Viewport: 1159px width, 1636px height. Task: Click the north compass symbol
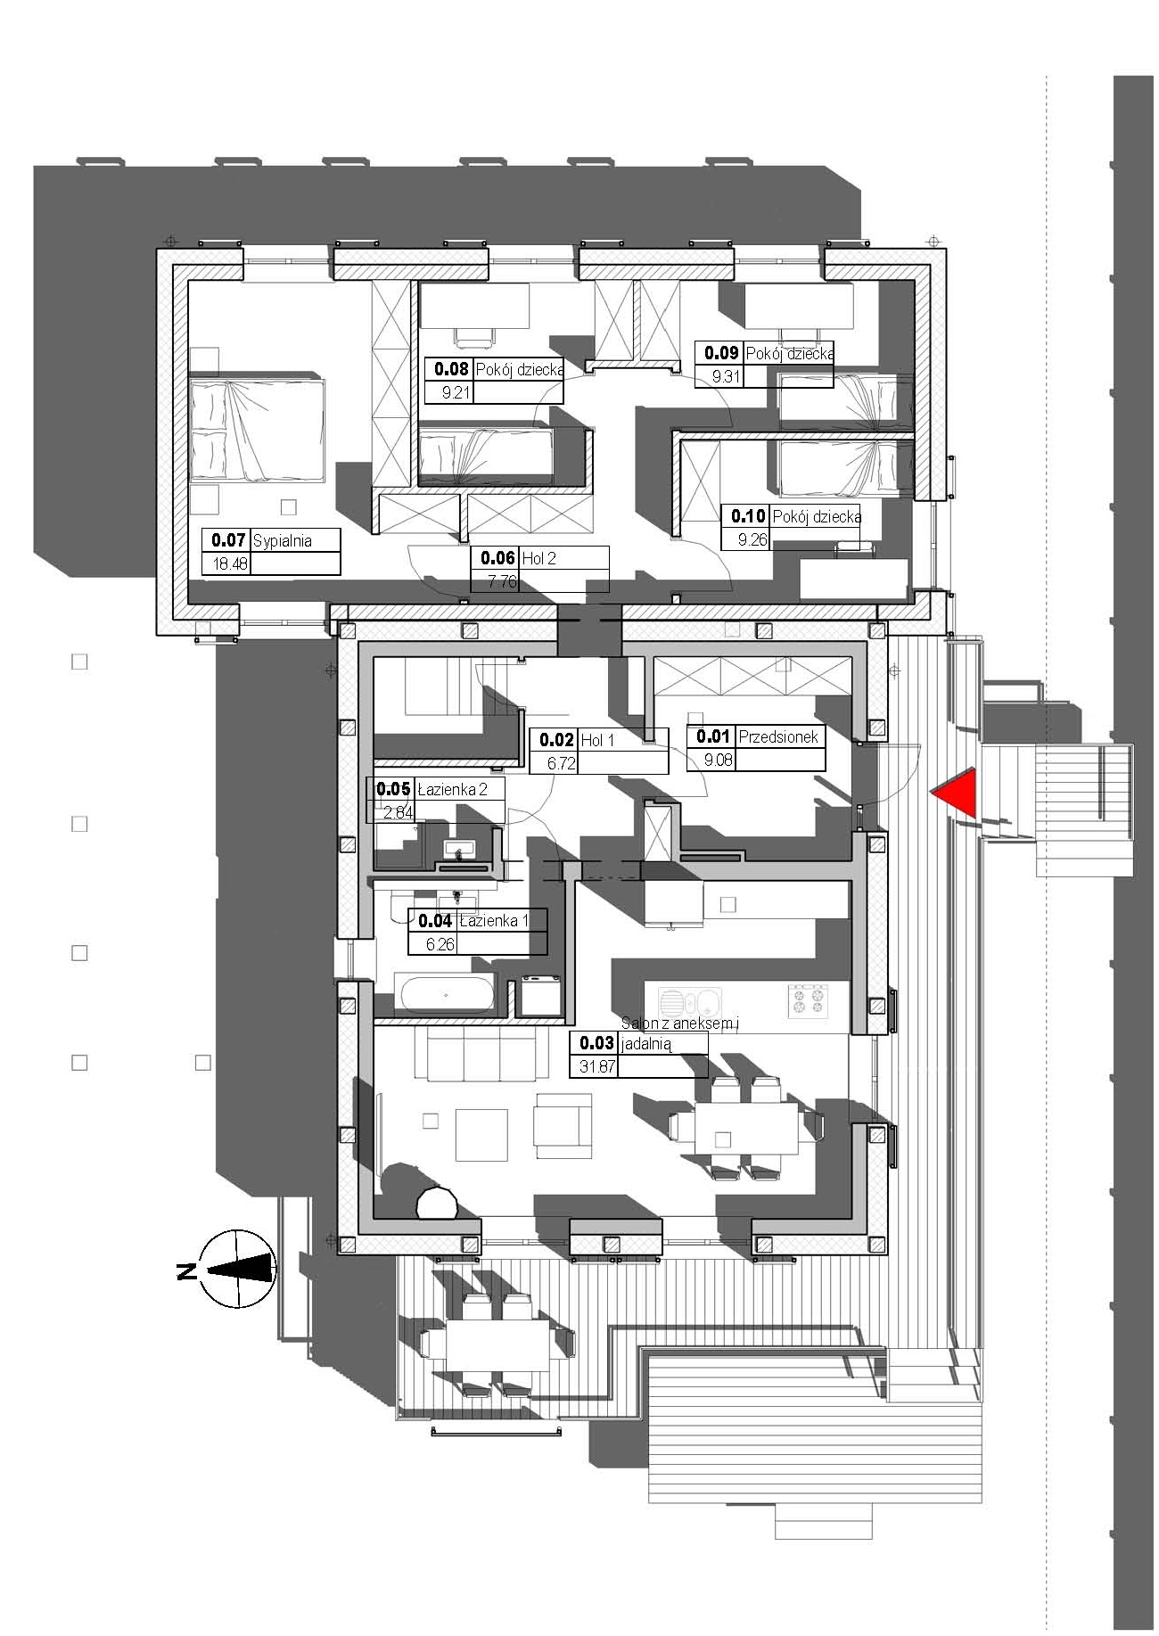coord(234,1268)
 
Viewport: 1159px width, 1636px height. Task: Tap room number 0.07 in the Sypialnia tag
coord(228,540)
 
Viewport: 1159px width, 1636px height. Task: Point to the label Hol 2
coord(539,559)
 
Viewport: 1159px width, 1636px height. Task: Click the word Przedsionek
coord(777,737)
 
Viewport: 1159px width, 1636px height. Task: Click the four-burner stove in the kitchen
coord(807,1000)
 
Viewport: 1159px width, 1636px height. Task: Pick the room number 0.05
coord(394,789)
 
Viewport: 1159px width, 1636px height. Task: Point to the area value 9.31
coord(726,377)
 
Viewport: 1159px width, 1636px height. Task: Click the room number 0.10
coord(749,516)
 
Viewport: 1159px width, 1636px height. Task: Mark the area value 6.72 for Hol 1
coord(562,763)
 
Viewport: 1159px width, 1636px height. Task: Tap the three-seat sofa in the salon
coord(481,1056)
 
